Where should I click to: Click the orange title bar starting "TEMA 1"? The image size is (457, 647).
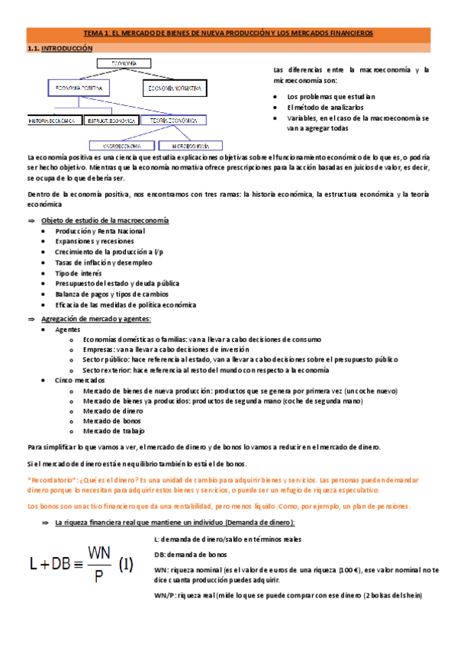point(228,34)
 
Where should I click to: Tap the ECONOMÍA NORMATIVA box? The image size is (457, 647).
point(175,89)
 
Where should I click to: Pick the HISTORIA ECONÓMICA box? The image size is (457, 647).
point(53,121)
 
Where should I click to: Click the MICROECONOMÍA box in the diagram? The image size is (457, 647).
point(191,144)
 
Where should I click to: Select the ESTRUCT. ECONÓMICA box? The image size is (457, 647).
point(111,121)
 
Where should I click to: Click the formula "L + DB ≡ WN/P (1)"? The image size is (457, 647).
point(82,563)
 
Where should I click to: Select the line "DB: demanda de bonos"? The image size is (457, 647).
point(191,554)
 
